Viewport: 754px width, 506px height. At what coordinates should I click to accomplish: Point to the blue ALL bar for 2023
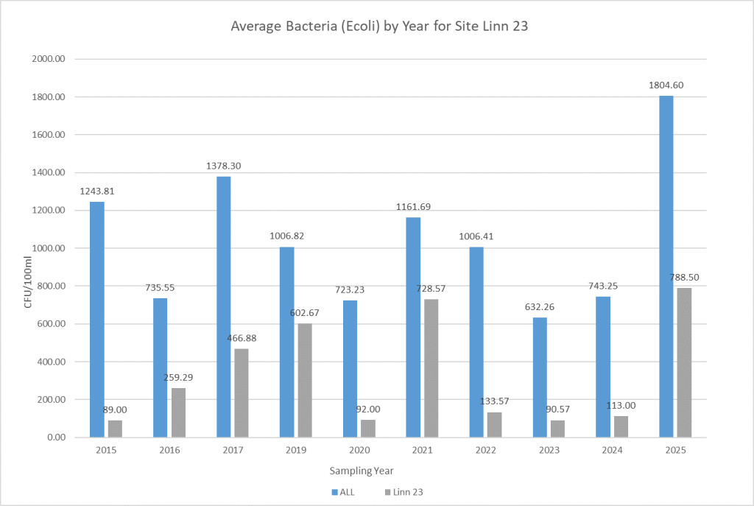pos(539,377)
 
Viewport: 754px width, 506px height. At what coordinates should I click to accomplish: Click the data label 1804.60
pos(666,85)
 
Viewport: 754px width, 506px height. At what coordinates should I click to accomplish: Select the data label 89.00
pos(116,409)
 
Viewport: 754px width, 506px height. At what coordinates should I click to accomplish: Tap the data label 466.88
pos(242,337)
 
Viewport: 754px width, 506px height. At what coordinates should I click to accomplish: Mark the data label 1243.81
pos(97,191)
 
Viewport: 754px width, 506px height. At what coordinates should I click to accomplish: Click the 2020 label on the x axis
pos(359,449)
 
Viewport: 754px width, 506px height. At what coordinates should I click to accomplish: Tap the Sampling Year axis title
pos(360,470)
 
